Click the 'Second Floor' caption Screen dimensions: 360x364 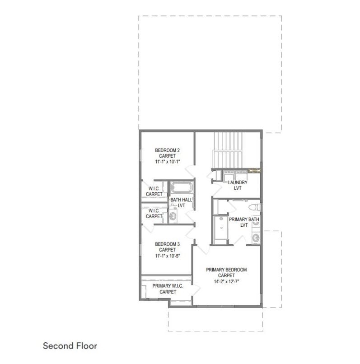[x=70, y=346]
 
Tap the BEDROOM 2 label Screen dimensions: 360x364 [x=167, y=150]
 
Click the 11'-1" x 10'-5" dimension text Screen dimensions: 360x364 [x=168, y=256]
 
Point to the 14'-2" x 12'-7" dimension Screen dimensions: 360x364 [x=226, y=282]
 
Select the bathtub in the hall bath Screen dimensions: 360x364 [x=182, y=187]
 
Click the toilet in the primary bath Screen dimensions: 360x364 [x=255, y=207]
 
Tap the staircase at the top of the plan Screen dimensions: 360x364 [x=228, y=150]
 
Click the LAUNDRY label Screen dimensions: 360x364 [x=238, y=182]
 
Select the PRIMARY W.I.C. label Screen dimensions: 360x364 [x=168, y=286]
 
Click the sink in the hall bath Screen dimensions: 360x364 [x=173, y=216]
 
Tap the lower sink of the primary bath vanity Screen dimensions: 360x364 [x=256, y=238]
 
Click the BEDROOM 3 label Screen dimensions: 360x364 [x=167, y=244]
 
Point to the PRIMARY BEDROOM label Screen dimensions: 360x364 [x=226, y=270]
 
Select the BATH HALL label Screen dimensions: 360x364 [x=182, y=200]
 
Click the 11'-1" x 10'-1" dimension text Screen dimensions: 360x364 [x=168, y=162]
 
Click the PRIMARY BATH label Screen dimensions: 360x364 [x=244, y=219]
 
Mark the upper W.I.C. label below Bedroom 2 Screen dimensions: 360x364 [x=154, y=188]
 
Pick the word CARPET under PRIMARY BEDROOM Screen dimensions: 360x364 [x=226, y=275]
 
